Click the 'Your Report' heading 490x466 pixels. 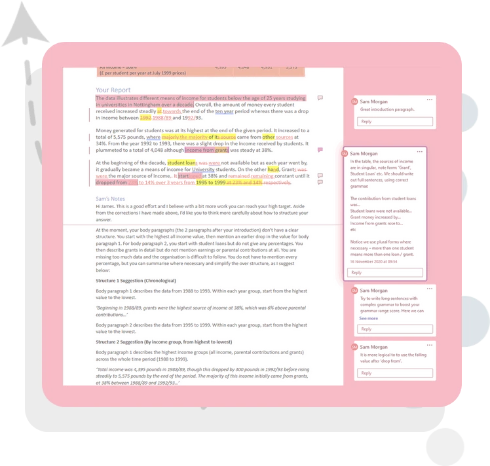(x=113, y=90)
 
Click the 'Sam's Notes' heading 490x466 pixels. (x=110, y=198)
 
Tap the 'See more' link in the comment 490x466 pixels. (x=368, y=318)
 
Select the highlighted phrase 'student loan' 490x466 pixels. (x=181, y=162)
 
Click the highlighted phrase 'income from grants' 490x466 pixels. (x=206, y=150)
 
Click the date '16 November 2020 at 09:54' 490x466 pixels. (x=373, y=261)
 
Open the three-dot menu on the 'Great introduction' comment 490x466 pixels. (x=429, y=100)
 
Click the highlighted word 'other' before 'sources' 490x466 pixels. (x=268, y=137)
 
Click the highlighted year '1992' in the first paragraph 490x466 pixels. (x=145, y=118)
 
